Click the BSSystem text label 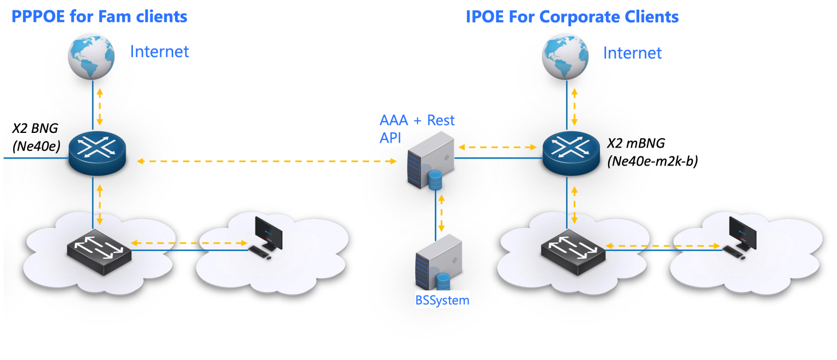[x=439, y=300]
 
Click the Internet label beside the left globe [x=159, y=52]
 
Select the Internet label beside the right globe [x=632, y=53]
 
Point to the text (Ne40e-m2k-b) [x=652, y=161]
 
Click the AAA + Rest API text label [x=416, y=129]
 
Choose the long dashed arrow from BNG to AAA [x=266, y=161]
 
